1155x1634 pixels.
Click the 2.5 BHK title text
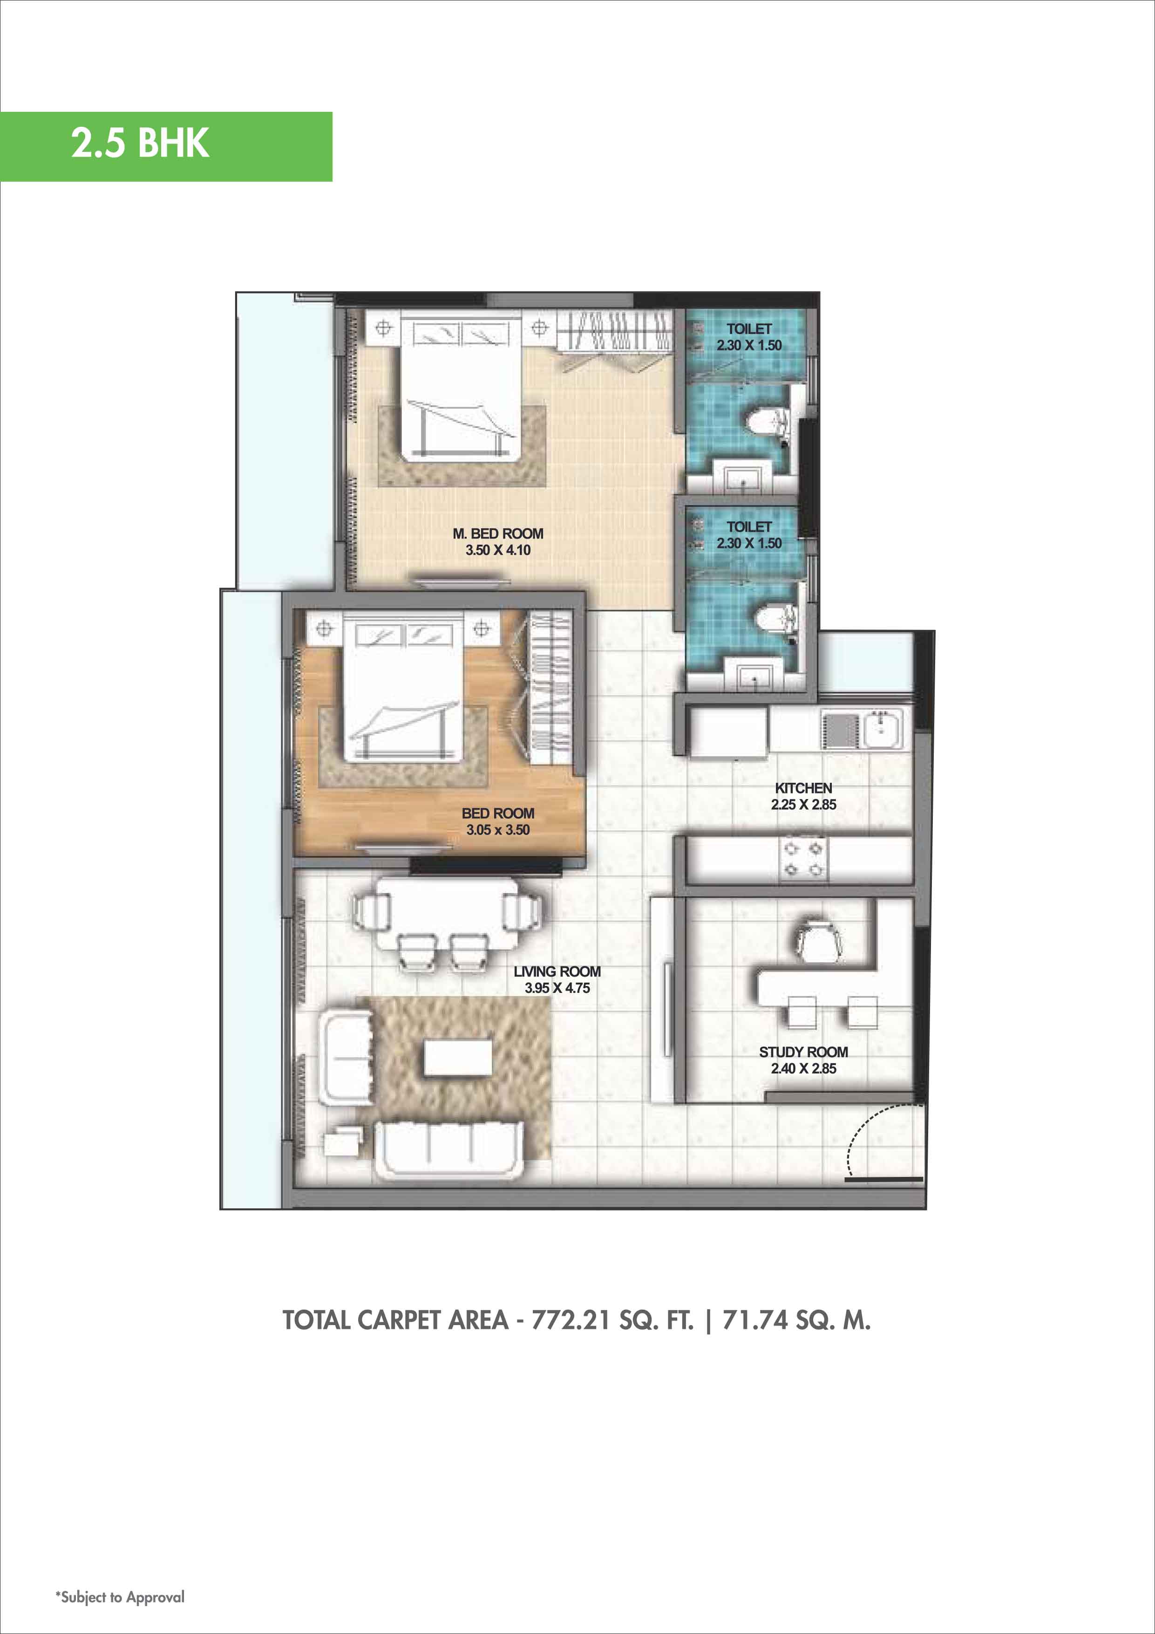(140, 143)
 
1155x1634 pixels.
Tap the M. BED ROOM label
(498, 534)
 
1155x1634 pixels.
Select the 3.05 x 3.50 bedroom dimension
(498, 830)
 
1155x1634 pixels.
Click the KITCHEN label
(803, 788)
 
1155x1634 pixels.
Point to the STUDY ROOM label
(803, 1052)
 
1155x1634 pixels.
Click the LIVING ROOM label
(557, 971)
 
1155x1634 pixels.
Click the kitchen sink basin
(883, 727)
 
